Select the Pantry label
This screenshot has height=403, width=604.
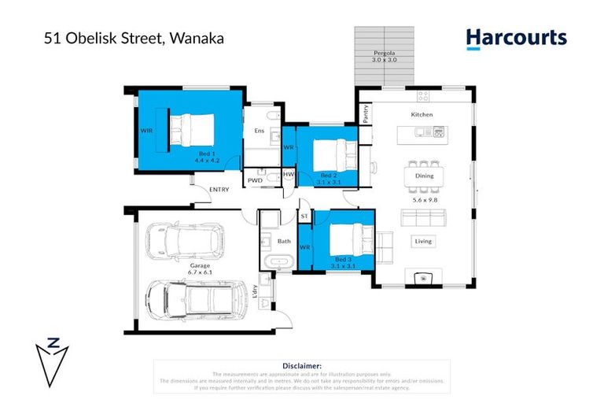point(366,114)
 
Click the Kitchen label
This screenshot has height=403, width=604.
point(422,115)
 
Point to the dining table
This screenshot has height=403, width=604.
point(423,176)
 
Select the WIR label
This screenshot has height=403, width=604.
point(146,131)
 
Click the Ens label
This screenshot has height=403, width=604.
point(258,131)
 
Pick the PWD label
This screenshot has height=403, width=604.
point(255,180)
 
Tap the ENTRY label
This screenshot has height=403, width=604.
point(219,189)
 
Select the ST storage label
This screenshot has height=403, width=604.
point(304,215)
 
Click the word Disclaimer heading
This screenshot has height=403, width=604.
point(301,366)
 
